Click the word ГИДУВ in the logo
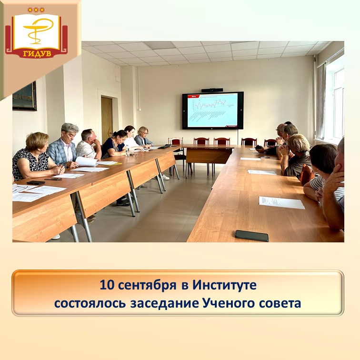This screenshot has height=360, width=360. pyautogui.click(x=37, y=53)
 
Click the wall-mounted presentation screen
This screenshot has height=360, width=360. pyautogui.click(x=212, y=110)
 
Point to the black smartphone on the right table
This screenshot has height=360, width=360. pyautogui.click(x=251, y=235)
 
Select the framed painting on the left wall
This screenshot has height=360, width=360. pyautogui.click(x=24, y=96)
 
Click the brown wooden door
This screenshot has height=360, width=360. pyautogui.click(x=107, y=119)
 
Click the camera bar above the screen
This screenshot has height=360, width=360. pyautogui.click(x=212, y=90)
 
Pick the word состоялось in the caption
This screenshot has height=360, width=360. pyautogui.click(x=90, y=303)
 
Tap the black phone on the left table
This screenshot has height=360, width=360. pyautogui.click(x=35, y=182)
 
